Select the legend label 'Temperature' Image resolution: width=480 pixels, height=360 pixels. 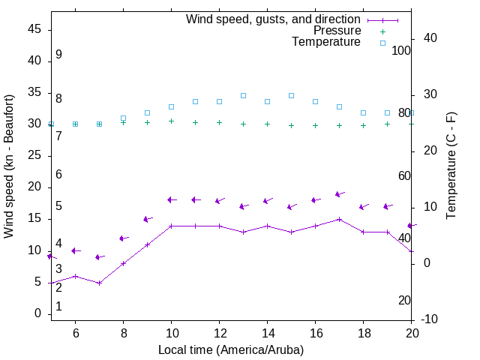(326, 42)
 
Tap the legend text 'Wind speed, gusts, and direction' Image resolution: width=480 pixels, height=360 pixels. (273, 19)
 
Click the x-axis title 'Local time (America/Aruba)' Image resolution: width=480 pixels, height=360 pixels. (231, 349)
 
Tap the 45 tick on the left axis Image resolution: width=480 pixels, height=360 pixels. (34, 29)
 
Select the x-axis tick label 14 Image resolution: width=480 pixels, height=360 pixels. (267, 334)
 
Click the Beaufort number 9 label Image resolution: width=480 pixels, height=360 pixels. (58, 55)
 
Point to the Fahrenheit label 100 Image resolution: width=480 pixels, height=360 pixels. (401, 50)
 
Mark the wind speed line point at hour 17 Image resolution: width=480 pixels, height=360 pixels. (339, 219)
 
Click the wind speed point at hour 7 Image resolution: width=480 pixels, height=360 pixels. (99, 283)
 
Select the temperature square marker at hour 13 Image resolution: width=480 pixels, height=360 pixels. (243, 95)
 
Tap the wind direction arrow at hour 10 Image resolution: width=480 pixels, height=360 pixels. (171, 199)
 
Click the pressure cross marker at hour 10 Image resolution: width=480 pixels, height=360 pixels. (171, 121)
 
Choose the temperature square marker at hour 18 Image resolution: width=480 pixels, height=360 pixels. (363, 112)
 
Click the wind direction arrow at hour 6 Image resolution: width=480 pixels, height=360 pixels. (75, 250)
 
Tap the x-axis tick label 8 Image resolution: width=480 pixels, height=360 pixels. (123, 334)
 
